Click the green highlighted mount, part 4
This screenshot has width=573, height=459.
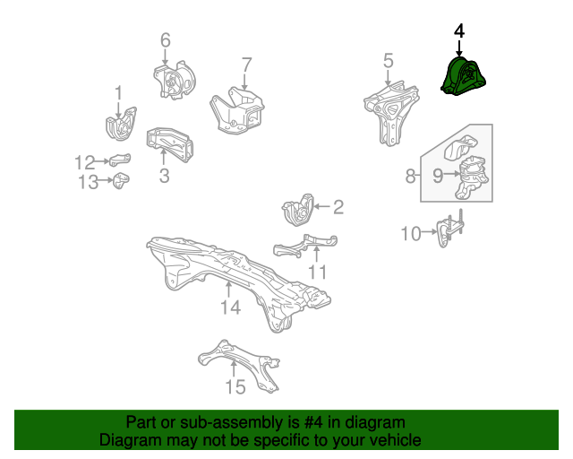464,76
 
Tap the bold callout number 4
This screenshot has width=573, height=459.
459,31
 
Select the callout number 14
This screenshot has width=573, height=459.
231,307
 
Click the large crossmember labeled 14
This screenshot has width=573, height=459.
237,278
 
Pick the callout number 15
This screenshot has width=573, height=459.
235,387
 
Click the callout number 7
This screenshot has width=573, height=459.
247,65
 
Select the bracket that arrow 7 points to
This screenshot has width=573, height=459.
237,110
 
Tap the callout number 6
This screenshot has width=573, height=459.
166,40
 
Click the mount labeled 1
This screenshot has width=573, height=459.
121,124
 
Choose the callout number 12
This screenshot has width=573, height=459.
84,163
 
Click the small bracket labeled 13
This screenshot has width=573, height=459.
121,180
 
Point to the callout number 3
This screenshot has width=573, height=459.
165,176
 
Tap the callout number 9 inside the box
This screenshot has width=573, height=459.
438,176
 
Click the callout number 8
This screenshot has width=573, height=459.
410,176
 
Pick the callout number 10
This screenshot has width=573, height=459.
411,233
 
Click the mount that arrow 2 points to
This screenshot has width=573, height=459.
298,210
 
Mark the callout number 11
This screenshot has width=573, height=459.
318,273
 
